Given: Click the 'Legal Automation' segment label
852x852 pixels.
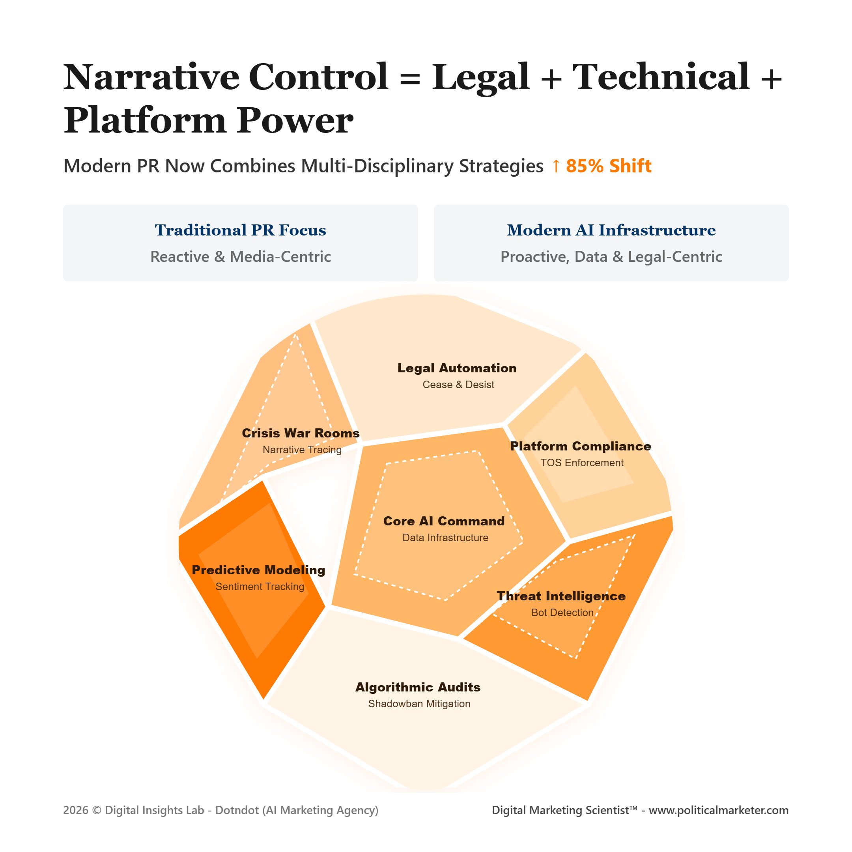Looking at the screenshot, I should click(x=457, y=368).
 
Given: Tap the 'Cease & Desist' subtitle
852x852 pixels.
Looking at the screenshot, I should click(x=458, y=385).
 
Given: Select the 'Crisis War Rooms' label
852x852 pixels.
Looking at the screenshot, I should click(x=301, y=433).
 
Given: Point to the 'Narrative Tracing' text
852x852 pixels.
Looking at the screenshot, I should click(x=302, y=449).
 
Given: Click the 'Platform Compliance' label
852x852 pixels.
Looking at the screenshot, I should click(x=580, y=446).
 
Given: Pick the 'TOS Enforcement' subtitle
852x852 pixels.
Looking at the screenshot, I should click(x=582, y=463).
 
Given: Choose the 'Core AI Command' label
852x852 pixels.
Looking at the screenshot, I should click(x=444, y=521).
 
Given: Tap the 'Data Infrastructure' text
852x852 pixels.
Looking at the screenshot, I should click(x=445, y=538).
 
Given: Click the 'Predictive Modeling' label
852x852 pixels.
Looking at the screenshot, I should click(x=258, y=570).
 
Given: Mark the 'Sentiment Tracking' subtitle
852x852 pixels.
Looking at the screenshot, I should click(x=260, y=587).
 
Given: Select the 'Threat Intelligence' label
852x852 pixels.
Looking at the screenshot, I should click(x=561, y=596).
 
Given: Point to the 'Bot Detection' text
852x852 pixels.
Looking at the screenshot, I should click(x=562, y=613).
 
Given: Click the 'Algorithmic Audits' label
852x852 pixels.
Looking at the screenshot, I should click(x=418, y=687).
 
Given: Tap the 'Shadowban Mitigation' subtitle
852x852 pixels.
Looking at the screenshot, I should click(x=419, y=703).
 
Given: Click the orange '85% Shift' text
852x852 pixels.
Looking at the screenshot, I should click(x=609, y=166).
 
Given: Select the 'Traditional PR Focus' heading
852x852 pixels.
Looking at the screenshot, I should click(x=240, y=230).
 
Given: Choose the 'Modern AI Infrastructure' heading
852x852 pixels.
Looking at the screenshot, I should click(x=611, y=230).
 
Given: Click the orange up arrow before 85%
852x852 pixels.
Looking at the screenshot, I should click(x=556, y=166).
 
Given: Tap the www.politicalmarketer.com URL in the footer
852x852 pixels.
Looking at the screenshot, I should click(x=718, y=810).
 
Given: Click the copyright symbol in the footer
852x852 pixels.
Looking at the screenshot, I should click(x=97, y=811).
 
